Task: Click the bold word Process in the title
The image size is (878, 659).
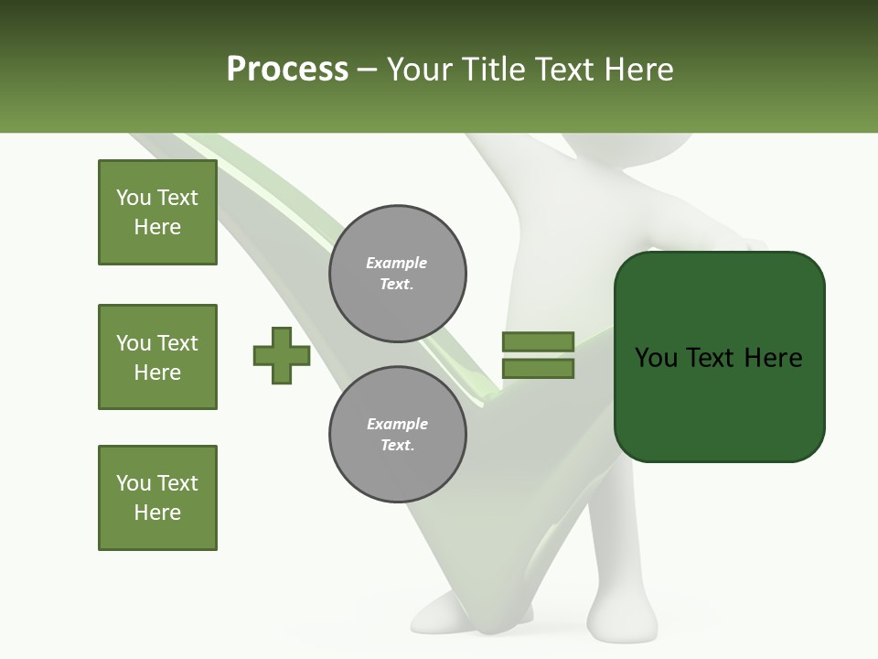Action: click(x=287, y=70)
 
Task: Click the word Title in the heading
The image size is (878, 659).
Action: click(x=494, y=70)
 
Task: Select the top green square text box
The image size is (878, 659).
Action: click(x=157, y=212)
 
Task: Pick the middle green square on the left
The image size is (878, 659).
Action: click(x=157, y=357)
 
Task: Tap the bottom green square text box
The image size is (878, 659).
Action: click(x=157, y=498)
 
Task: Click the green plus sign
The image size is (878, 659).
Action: click(x=282, y=355)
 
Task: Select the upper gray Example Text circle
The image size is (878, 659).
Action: click(x=397, y=274)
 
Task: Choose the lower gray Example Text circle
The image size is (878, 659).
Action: click(x=397, y=435)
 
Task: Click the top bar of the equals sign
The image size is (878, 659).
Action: click(x=538, y=341)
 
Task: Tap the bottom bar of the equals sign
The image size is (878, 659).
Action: click(x=538, y=369)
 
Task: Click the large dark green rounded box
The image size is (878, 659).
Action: click(x=719, y=403)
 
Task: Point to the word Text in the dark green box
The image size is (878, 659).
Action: click(x=713, y=358)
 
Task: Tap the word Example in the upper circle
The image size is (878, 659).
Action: click(x=397, y=263)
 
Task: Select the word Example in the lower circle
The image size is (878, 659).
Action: click(x=397, y=424)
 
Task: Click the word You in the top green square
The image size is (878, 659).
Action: click(x=134, y=198)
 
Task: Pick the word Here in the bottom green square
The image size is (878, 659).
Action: click(x=157, y=513)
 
